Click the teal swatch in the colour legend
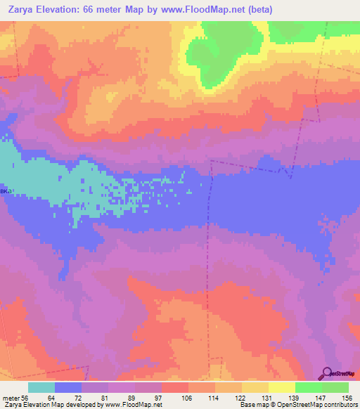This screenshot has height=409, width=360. coord(41,387)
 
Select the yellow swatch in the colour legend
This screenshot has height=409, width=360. coord(282,387)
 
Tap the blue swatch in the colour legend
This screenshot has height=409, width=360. coord(68,387)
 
